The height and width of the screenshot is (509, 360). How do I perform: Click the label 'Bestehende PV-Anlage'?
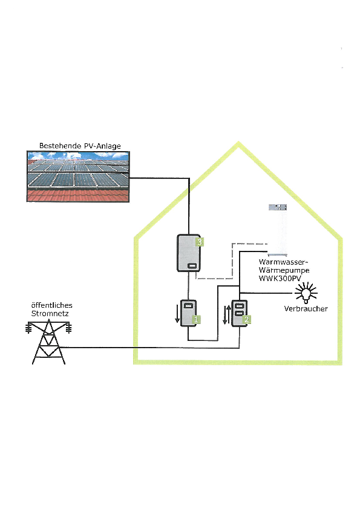(80, 146)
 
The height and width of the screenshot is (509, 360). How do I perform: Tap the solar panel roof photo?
(78, 177)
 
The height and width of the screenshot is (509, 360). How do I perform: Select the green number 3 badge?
(200, 242)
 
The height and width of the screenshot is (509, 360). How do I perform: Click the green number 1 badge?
(196, 319)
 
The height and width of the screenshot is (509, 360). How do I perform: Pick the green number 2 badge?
(247, 319)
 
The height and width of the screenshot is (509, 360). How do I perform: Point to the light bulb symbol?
(306, 293)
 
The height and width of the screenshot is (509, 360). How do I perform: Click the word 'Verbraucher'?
(306, 309)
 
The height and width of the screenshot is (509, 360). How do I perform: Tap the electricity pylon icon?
(49, 342)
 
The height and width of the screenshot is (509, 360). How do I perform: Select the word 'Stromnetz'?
(50, 314)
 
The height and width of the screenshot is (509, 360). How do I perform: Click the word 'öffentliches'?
(51, 305)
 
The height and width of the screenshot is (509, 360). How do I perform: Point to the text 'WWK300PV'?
(280, 278)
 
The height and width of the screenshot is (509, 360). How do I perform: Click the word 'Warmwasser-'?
(283, 262)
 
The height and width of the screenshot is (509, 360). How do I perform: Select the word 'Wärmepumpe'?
(284, 270)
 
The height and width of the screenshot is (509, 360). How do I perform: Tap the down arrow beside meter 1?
(177, 314)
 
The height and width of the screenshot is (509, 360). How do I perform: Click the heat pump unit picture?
(278, 230)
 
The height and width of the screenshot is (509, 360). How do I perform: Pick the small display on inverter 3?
(192, 266)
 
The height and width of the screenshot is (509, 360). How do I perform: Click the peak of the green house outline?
(238, 142)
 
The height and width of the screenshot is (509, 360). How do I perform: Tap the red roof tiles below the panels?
(78, 195)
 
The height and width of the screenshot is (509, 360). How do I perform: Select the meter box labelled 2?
(240, 313)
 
